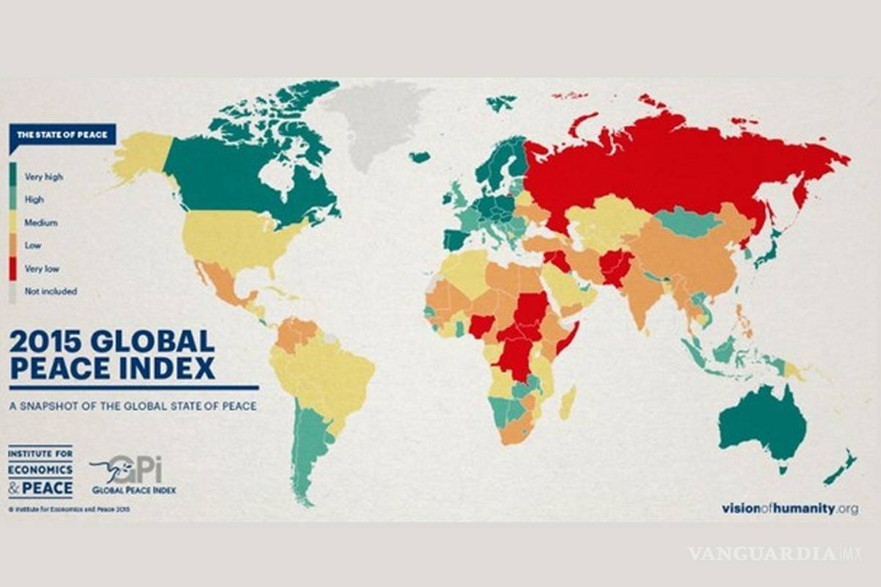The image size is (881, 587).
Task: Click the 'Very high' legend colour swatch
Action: (12, 176)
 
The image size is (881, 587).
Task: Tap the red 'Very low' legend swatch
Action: (12, 268)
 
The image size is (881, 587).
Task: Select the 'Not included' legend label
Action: (50, 291)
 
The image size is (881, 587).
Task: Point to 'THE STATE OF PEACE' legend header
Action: (62, 135)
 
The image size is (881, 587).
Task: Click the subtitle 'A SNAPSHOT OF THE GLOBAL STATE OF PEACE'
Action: (133, 405)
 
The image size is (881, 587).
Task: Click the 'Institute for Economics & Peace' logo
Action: (40, 471)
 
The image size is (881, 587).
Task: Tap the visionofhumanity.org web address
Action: (788, 508)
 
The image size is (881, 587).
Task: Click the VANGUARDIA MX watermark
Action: (772, 553)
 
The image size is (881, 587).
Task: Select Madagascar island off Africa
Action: (568, 403)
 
